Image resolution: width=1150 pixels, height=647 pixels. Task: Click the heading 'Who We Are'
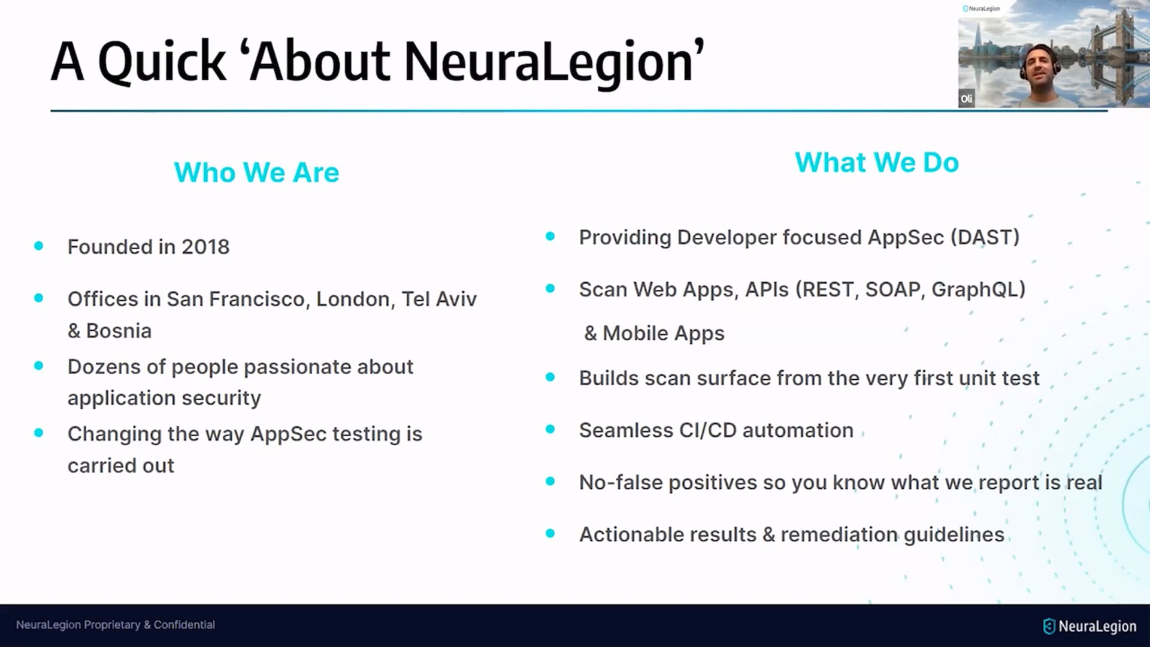click(256, 173)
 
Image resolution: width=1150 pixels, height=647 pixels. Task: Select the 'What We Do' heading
click(877, 162)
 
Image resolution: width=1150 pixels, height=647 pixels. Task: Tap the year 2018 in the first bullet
click(205, 247)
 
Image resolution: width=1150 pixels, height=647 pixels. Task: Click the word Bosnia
click(119, 331)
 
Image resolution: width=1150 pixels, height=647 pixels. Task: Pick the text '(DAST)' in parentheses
click(985, 237)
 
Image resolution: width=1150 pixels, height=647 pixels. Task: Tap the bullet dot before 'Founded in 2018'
click(39, 246)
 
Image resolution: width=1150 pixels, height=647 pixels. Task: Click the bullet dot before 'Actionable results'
click(550, 533)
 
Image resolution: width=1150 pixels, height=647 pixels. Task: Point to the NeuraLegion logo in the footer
click(1090, 626)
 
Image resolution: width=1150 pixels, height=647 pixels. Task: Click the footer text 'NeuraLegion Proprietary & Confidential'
click(116, 625)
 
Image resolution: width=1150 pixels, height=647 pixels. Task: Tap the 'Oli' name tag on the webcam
click(967, 99)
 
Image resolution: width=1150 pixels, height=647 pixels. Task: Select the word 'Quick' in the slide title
click(162, 62)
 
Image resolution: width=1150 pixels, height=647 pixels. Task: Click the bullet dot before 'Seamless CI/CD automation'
click(550, 429)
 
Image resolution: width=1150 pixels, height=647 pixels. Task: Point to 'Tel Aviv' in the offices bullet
click(439, 299)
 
